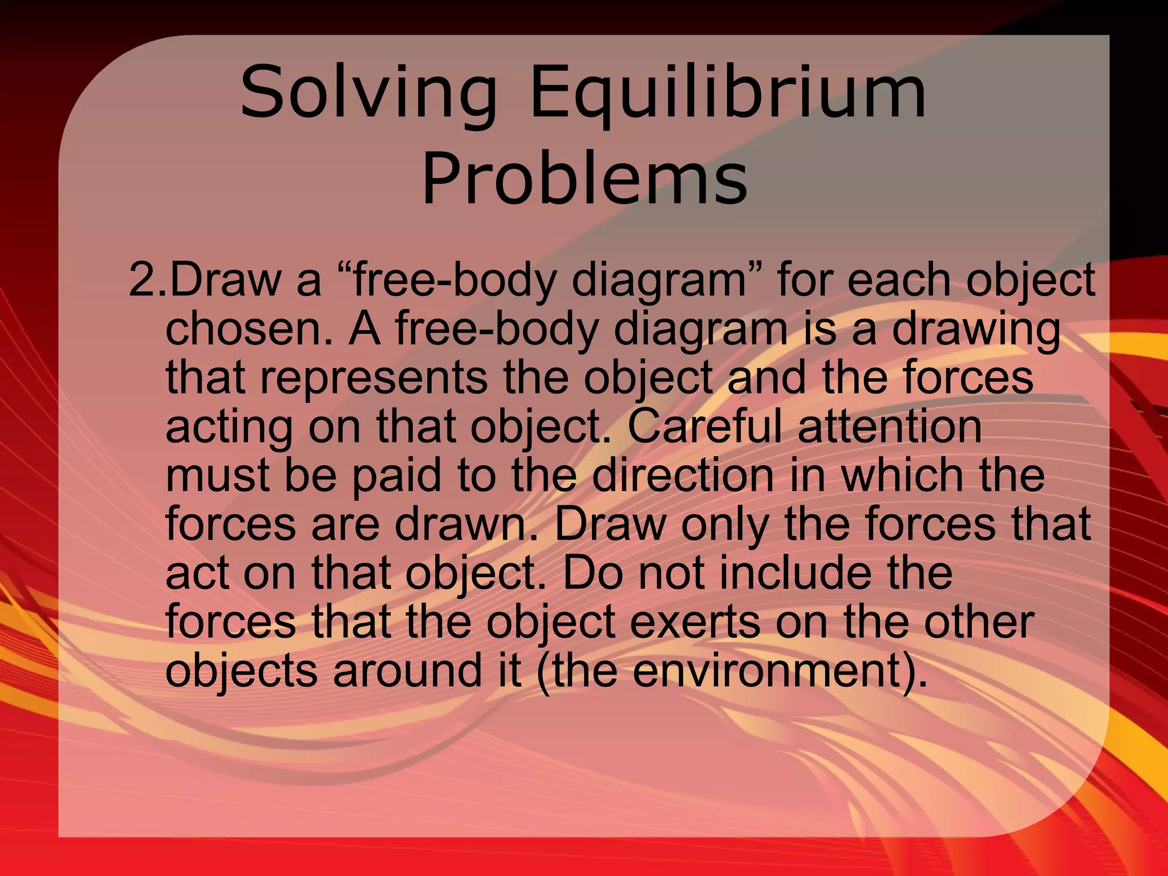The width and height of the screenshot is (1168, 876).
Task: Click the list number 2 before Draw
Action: click(x=141, y=279)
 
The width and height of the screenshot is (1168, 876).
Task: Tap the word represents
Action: click(x=374, y=378)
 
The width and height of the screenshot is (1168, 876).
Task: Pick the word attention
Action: click(x=890, y=426)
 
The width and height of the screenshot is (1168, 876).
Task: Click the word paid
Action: click(x=397, y=476)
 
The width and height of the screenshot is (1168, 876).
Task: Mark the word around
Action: click(x=408, y=670)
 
